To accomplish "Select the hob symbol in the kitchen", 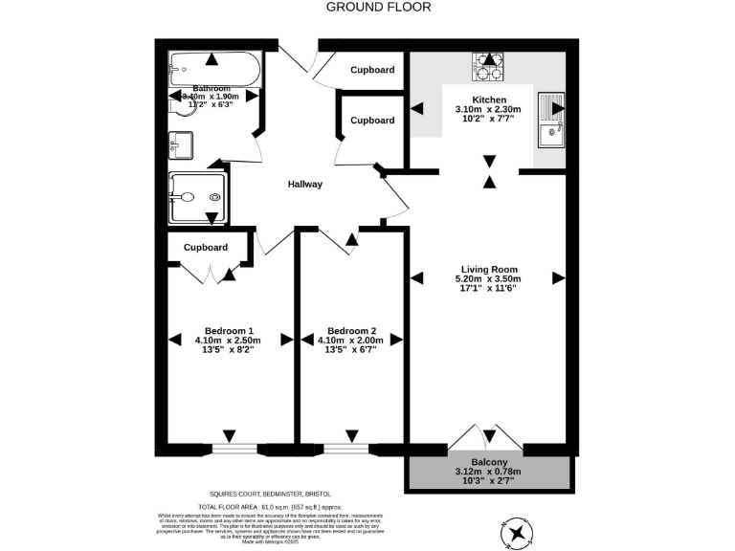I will (x=489, y=65).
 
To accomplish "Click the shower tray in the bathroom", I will (x=197, y=197).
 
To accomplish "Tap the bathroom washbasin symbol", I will (x=180, y=146).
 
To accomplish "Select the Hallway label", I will (x=305, y=185).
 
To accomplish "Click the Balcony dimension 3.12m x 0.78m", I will (x=489, y=471).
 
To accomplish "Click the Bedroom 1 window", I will (x=234, y=448).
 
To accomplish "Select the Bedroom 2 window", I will (x=344, y=448).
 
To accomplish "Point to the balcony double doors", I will (x=485, y=438).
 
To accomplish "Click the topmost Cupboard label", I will (x=372, y=70).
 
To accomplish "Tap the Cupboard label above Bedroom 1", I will (x=206, y=247).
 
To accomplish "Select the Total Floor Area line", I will (x=270, y=507).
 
